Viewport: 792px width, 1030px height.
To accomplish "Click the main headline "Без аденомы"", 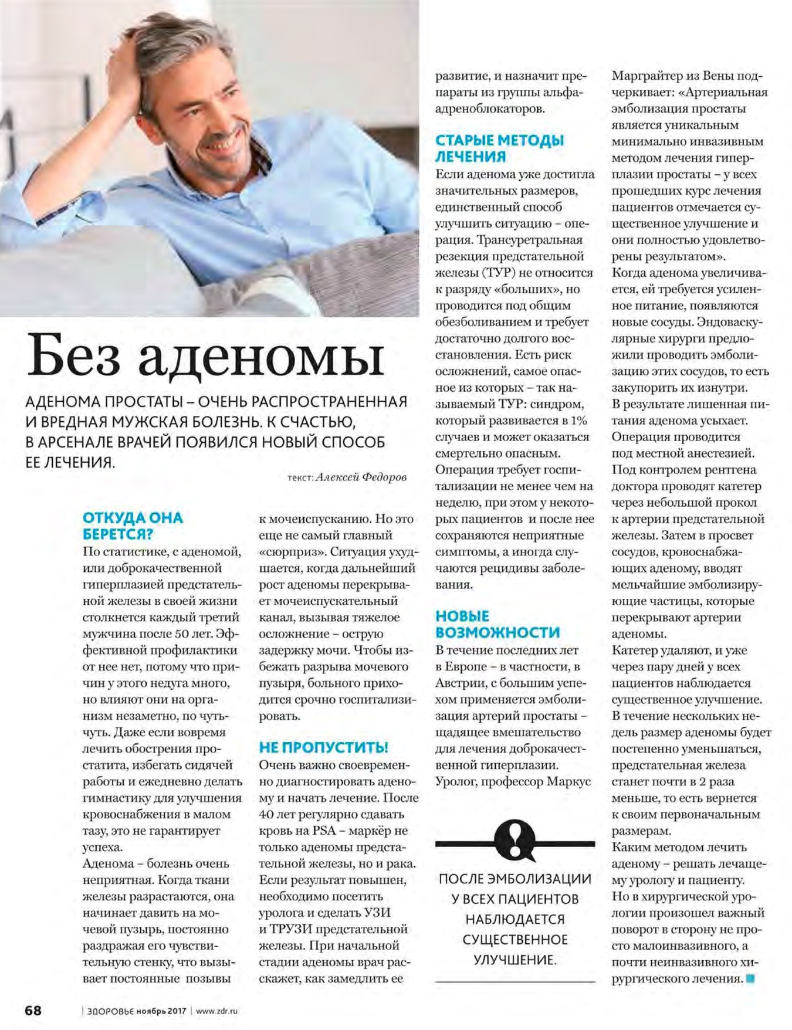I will pyautogui.click(x=205, y=356).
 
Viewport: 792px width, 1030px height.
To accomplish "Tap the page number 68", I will pyautogui.click(x=33, y=1010).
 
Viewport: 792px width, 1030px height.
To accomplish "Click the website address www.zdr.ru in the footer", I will pyautogui.click(x=216, y=1011).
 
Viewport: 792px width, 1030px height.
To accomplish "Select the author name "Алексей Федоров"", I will pyautogui.click(x=361, y=477).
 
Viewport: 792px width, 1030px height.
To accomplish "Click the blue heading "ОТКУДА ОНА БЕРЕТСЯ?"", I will pyautogui.click(x=133, y=526).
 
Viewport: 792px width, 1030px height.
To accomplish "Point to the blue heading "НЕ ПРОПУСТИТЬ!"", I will pyautogui.click(x=323, y=747).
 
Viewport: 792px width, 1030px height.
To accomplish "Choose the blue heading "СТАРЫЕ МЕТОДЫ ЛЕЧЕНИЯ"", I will pyautogui.click(x=499, y=148).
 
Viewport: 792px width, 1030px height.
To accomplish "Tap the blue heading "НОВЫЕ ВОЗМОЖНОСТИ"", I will pyautogui.click(x=497, y=624).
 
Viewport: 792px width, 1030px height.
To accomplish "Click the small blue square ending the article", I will pyautogui.click(x=750, y=978).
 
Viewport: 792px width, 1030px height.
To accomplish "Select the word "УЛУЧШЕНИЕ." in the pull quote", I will pyautogui.click(x=515, y=960).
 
